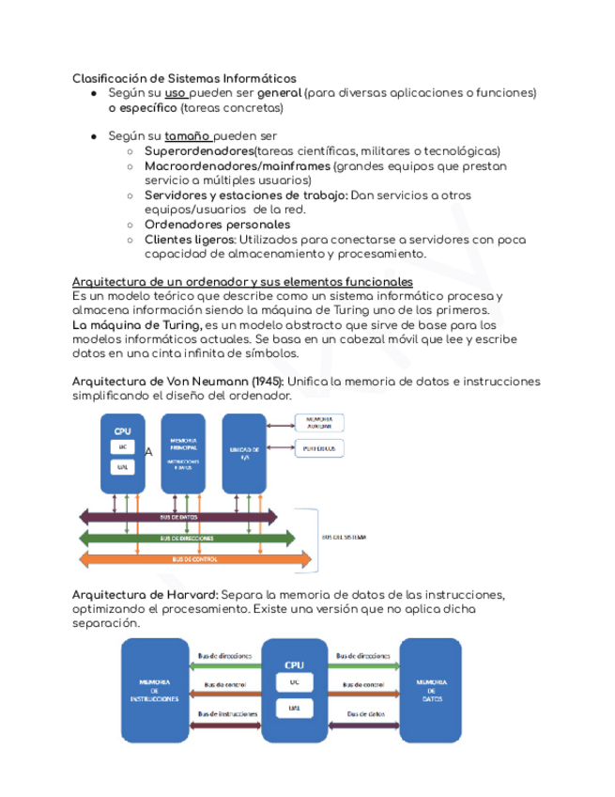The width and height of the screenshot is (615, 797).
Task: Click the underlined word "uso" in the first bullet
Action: coord(175,94)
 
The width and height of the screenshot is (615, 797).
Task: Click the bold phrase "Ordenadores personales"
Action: coord(217,225)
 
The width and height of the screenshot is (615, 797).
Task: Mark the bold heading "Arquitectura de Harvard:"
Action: coord(145,595)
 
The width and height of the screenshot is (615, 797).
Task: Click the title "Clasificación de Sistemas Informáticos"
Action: coord(184,78)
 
